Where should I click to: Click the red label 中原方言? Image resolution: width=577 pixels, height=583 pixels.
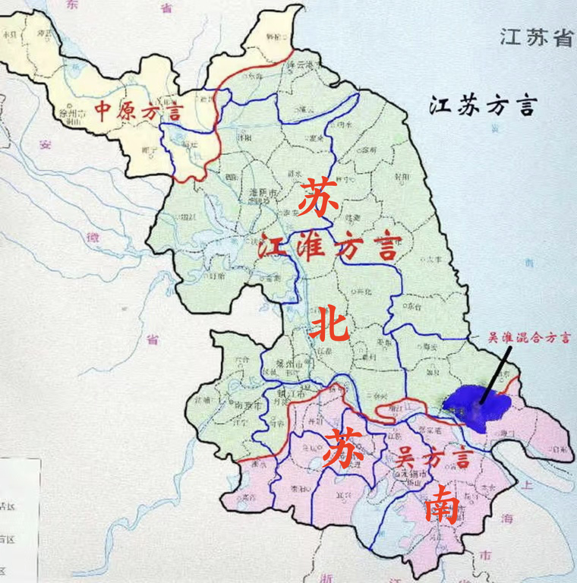tap(139, 112)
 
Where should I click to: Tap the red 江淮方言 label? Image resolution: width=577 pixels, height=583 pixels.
tap(329, 247)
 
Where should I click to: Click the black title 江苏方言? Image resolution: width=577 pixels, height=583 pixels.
tap(482, 106)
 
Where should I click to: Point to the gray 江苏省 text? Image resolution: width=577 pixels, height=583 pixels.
tap(534, 38)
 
